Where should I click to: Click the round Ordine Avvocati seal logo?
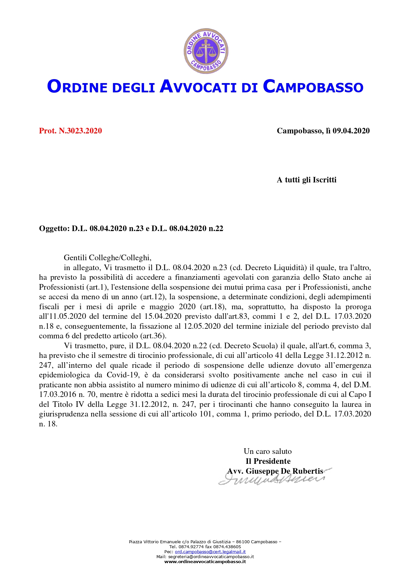(x=206, y=50)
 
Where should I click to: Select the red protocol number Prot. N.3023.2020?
(x=70, y=131)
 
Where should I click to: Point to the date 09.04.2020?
(x=351, y=131)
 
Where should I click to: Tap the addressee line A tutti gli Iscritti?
(x=307, y=180)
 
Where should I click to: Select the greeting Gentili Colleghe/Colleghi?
(x=107, y=258)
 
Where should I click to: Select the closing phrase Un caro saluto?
(x=267, y=451)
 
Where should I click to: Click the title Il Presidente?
(x=268, y=461)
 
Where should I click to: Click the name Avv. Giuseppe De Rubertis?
(x=275, y=471)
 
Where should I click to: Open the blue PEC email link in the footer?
(x=210, y=552)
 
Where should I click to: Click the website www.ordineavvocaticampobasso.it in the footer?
(x=205, y=561)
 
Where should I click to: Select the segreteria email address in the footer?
(x=211, y=557)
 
